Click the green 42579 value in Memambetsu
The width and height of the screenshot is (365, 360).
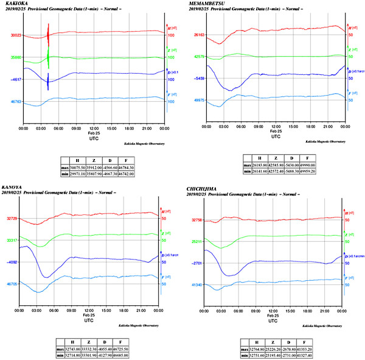(199, 57)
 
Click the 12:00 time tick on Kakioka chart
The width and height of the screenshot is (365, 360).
(94, 128)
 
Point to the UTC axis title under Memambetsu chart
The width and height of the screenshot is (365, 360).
(276, 137)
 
